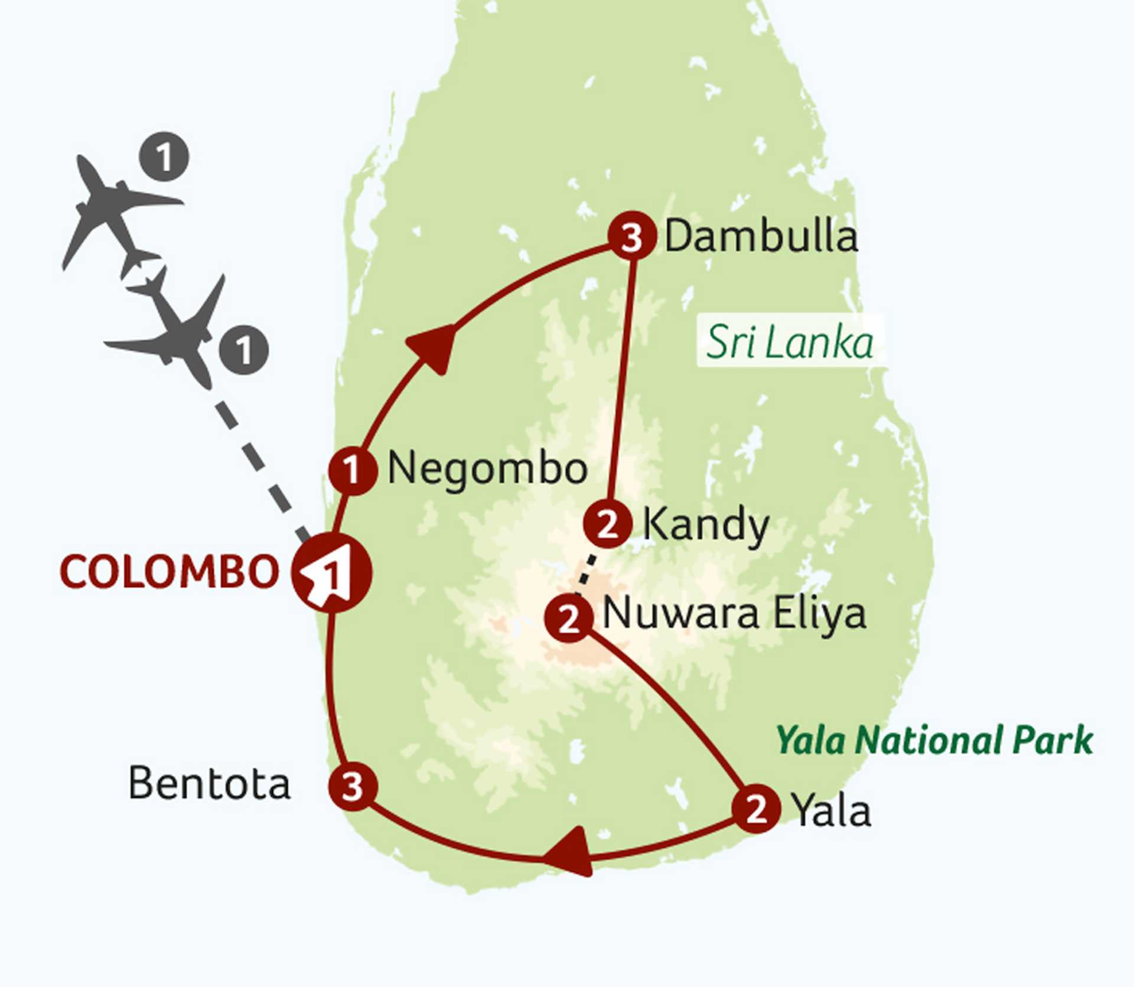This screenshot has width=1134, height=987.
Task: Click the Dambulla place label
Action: tap(761, 237)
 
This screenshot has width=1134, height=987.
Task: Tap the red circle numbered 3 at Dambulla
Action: tap(632, 236)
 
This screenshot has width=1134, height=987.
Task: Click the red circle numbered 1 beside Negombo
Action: tap(353, 471)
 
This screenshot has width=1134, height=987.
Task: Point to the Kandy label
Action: tap(705, 525)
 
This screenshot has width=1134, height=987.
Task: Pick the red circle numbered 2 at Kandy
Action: tap(608, 523)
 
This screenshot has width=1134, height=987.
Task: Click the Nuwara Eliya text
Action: tap(734, 614)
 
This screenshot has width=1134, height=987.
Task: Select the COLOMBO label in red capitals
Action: tap(169, 572)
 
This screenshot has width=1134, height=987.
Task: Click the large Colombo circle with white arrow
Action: tap(331, 572)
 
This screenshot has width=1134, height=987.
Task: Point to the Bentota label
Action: tap(209, 784)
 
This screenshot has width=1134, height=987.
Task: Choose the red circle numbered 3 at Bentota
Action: tap(353, 786)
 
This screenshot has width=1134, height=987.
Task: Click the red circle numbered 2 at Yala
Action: tap(756, 809)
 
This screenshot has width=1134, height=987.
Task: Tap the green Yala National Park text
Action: tap(934, 740)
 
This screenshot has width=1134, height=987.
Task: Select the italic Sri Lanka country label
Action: tap(790, 342)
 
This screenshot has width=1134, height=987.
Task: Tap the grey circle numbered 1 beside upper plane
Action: tap(164, 157)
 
